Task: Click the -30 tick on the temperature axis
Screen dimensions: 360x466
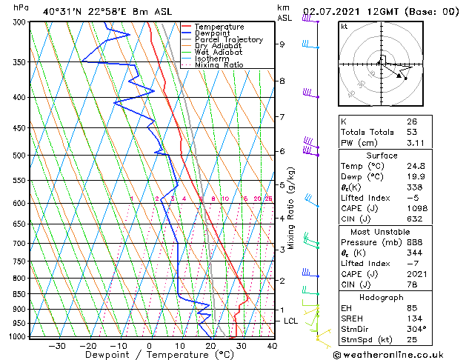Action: coord(57,346)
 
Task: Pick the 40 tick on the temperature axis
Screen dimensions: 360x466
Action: coord(272,346)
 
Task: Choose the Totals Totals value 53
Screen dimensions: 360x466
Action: coord(412,132)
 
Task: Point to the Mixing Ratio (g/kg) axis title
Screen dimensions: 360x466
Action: coord(291,207)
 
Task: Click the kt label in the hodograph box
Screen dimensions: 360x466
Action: coord(344,26)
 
